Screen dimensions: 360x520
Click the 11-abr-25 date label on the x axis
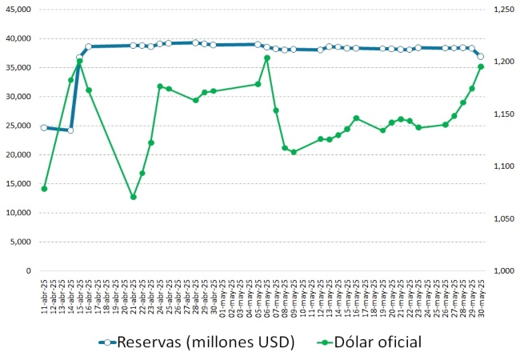pos(44,295)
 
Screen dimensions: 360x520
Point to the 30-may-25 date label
pos(481,295)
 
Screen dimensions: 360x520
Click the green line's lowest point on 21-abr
pos(133,197)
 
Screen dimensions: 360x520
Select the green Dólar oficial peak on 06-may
pos(267,58)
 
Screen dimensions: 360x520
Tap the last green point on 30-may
pos(481,66)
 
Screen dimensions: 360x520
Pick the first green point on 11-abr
pos(44,189)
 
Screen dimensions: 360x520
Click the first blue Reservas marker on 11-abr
pos(44,127)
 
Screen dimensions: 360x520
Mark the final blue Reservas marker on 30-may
pos(481,56)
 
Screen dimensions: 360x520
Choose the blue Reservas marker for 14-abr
pos(70,130)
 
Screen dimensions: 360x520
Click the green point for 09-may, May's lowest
pos(294,152)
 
